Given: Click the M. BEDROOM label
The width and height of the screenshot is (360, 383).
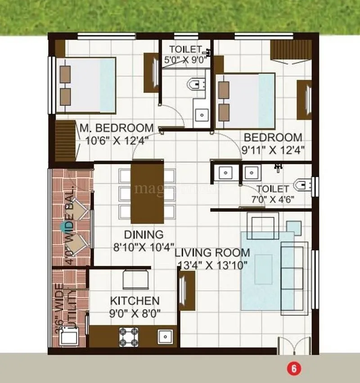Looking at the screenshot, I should click(117, 128).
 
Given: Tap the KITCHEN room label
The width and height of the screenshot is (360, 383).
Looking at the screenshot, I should click(135, 300).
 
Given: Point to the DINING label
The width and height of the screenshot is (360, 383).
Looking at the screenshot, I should click(144, 234).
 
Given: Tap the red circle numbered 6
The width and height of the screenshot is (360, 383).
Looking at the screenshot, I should click(293, 369).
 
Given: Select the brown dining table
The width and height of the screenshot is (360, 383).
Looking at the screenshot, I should click(147, 192).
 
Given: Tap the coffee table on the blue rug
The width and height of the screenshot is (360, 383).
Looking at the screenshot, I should click(263, 269).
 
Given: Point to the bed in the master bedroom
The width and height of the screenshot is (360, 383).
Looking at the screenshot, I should click(88, 85).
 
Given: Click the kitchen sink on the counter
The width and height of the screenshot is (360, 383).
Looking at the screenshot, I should click(165, 337).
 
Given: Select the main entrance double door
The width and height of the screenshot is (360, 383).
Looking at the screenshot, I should click(293, 346).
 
